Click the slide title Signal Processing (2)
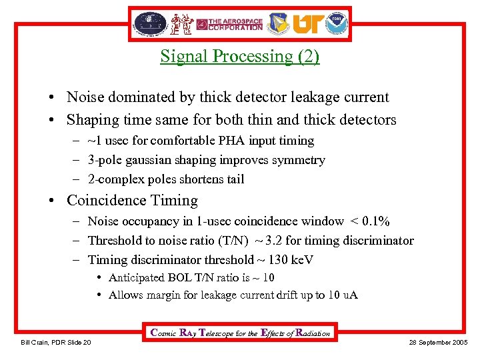click(239, 57)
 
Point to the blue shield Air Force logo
click(279, 25)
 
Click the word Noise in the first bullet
click(85, 97)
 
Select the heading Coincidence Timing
click(132, 201)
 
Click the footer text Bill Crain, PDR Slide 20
click(56, 343)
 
